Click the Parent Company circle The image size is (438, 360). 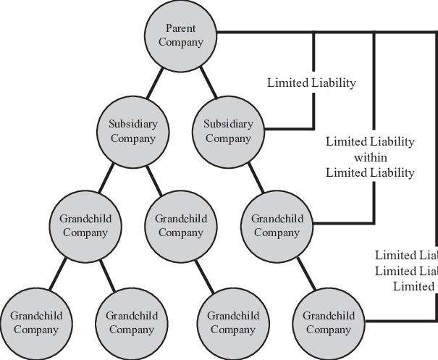pyautogui.click(x=180, y=35)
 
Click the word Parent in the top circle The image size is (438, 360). pyautogui.click(x=180, y=28)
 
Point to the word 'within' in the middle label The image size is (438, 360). pyautogui.click(x=370, y=157)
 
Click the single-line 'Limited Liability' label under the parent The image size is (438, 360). pyautogui.click(x=311, y=83)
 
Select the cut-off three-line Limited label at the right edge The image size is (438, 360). pyautogui.click(x=406, y=271)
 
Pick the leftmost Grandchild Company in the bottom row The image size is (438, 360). pyautogui.click(x=35, y=322)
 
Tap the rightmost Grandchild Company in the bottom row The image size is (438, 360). pyautogui.click(x=328, y=322)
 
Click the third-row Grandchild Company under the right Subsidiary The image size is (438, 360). pyautogui.click(x=277, y=225)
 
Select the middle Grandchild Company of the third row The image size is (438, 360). pyautogui.click(x=180, y=225)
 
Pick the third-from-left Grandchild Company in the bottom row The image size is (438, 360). pyautogui.click(x=233, y=322)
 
